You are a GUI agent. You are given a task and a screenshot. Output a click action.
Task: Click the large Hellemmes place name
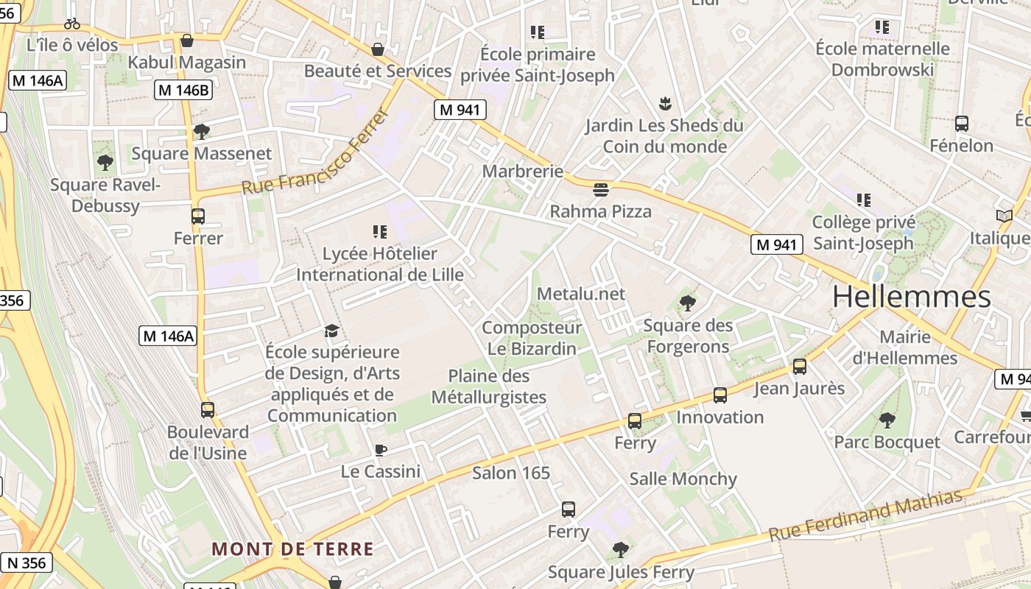912,296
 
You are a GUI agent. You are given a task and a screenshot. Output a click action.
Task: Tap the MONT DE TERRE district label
292,549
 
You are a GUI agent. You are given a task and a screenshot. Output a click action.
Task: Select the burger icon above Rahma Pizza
601,190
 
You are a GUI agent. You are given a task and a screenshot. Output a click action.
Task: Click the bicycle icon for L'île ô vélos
72,24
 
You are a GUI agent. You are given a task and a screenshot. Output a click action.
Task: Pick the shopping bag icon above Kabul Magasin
187,40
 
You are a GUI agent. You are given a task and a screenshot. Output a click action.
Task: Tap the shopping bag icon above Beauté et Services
378,50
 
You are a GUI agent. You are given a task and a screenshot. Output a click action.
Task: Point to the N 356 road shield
27,563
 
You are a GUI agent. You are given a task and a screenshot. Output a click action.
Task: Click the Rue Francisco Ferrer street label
314,152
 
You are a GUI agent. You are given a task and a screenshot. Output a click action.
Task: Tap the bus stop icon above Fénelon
961,124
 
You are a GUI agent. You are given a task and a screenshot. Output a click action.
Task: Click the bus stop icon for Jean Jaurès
800,367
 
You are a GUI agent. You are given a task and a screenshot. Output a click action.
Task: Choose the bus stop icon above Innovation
720,395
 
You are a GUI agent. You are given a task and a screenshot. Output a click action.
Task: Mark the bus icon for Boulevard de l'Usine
208,410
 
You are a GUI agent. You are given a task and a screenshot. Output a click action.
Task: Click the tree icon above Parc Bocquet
887,420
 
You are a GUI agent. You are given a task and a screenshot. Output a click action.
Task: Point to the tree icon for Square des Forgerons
688,303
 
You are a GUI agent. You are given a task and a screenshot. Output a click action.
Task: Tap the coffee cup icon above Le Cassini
381,450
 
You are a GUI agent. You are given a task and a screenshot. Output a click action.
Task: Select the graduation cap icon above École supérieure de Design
332,331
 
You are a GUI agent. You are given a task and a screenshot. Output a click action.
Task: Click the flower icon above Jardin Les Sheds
665,103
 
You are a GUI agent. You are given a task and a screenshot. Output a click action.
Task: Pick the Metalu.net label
581,294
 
